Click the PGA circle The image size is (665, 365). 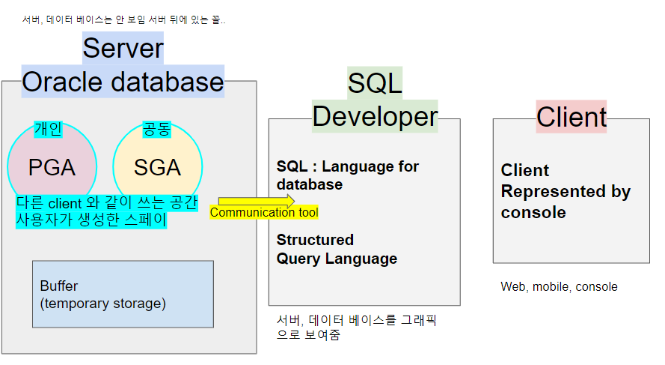[x=52, y=167]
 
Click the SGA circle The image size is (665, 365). [x=158, y=167]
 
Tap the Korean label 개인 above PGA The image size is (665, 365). [x=49, y=129]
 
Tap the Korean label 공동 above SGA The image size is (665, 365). [x=156, y=129]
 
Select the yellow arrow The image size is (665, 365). [x=256, y=201]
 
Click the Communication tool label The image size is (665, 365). [x=264, y=212]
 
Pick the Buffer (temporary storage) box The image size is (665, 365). [x=123, y=294]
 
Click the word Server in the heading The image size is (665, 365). [x=123, y=48]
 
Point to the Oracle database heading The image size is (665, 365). [x=123, y=82]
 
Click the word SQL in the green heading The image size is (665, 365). [x=375, y=83]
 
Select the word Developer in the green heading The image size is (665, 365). [x=375, y=116]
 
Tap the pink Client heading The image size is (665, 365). [x=571, y=117]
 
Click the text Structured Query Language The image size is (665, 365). [x=337, y=250]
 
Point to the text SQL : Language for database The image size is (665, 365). [x=348, y=175]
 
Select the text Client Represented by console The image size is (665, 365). [x=566, y=191]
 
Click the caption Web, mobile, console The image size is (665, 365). [x=559, y=287]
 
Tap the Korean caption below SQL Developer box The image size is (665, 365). [x=356, y=328]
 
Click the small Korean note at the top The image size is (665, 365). [x=124, y=19]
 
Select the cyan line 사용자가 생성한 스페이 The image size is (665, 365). [x=91, y=220]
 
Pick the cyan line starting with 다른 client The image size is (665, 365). [x=107, y=203]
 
